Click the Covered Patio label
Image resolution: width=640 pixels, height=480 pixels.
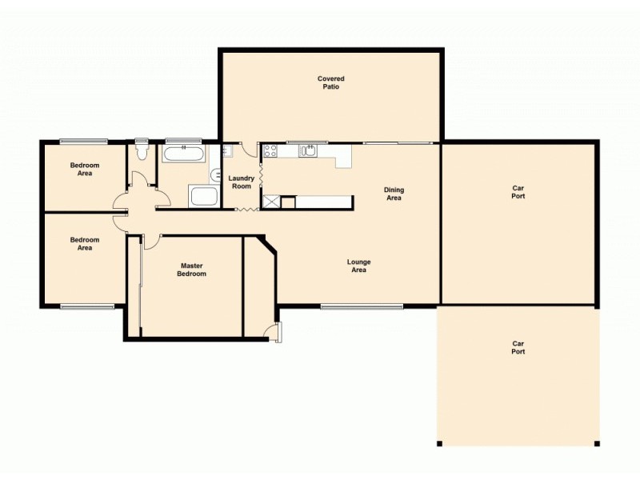pos(330,82)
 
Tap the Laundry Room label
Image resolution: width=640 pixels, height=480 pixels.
pos(240,182)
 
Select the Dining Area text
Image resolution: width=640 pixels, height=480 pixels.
pos(394,194)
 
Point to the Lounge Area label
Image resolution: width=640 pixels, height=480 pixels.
pos(358,266)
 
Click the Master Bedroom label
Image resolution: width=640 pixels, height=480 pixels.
pos(193,270)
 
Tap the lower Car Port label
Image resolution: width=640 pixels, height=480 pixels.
pos(518,348)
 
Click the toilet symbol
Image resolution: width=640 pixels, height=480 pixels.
pos(142,150)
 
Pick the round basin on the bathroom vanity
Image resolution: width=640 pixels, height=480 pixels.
pos(215,174)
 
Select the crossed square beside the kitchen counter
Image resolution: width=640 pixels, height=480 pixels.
pos(271,202)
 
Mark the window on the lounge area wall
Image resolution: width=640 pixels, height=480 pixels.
pos(362,306)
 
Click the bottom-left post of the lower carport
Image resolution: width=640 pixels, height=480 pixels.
pos(439,443)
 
